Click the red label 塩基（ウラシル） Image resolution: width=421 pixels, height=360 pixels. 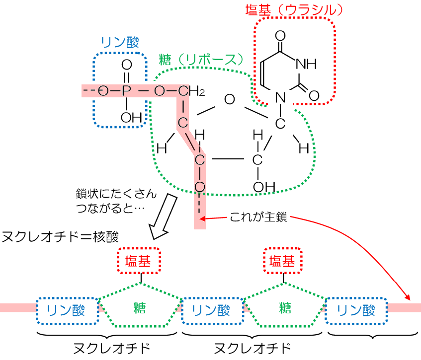(295, 9)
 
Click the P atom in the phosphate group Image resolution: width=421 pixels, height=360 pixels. (126, 90)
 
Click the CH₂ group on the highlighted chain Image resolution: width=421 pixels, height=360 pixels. (189, 91)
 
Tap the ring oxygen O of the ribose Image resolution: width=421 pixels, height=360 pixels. (229, 99)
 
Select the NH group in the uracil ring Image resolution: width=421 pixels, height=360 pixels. (305, 64)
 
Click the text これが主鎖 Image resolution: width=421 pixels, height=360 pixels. (258, 217)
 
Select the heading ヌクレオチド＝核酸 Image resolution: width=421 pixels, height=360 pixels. (67, 236)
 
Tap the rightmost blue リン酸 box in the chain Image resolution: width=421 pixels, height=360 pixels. (356, 311)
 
